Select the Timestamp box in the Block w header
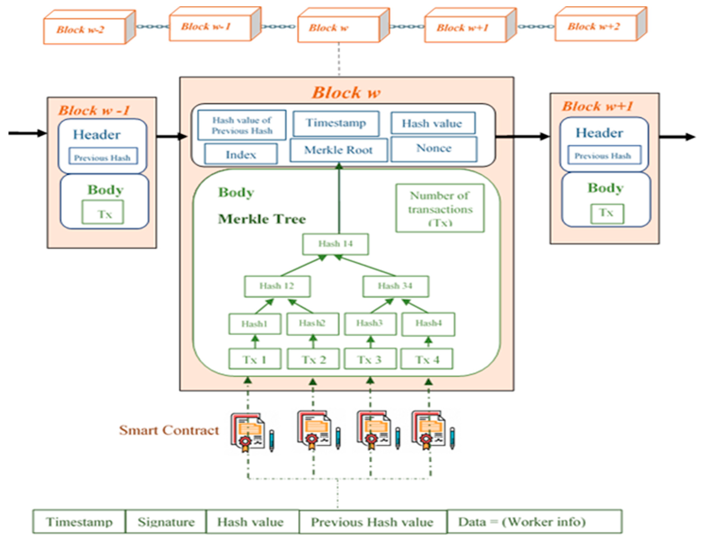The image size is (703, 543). (336, 123)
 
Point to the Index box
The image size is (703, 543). (241, 155)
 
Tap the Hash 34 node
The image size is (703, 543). (395, 286)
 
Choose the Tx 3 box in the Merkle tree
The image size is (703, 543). (370, 359)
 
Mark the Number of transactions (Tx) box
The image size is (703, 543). (440, 208)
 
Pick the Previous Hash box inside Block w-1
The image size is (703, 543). (103, 157)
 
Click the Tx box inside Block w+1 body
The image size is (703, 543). (607, 213)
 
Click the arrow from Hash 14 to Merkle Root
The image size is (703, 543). (339, 200)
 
